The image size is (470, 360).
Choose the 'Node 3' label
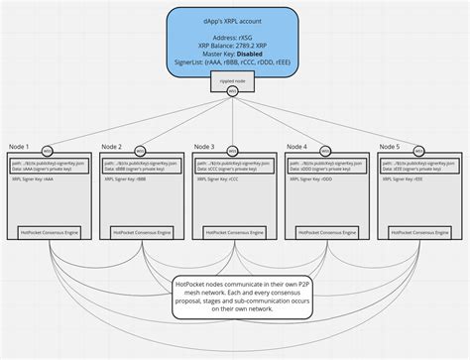point(203,146)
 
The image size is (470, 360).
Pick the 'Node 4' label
point(296,146)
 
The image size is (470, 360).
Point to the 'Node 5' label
point(390,146)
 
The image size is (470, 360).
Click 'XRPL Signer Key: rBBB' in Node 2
point(127,180)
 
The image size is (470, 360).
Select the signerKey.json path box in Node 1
point(51,166)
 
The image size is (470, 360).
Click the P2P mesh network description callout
point(235,296)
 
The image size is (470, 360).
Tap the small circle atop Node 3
point(233,151)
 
